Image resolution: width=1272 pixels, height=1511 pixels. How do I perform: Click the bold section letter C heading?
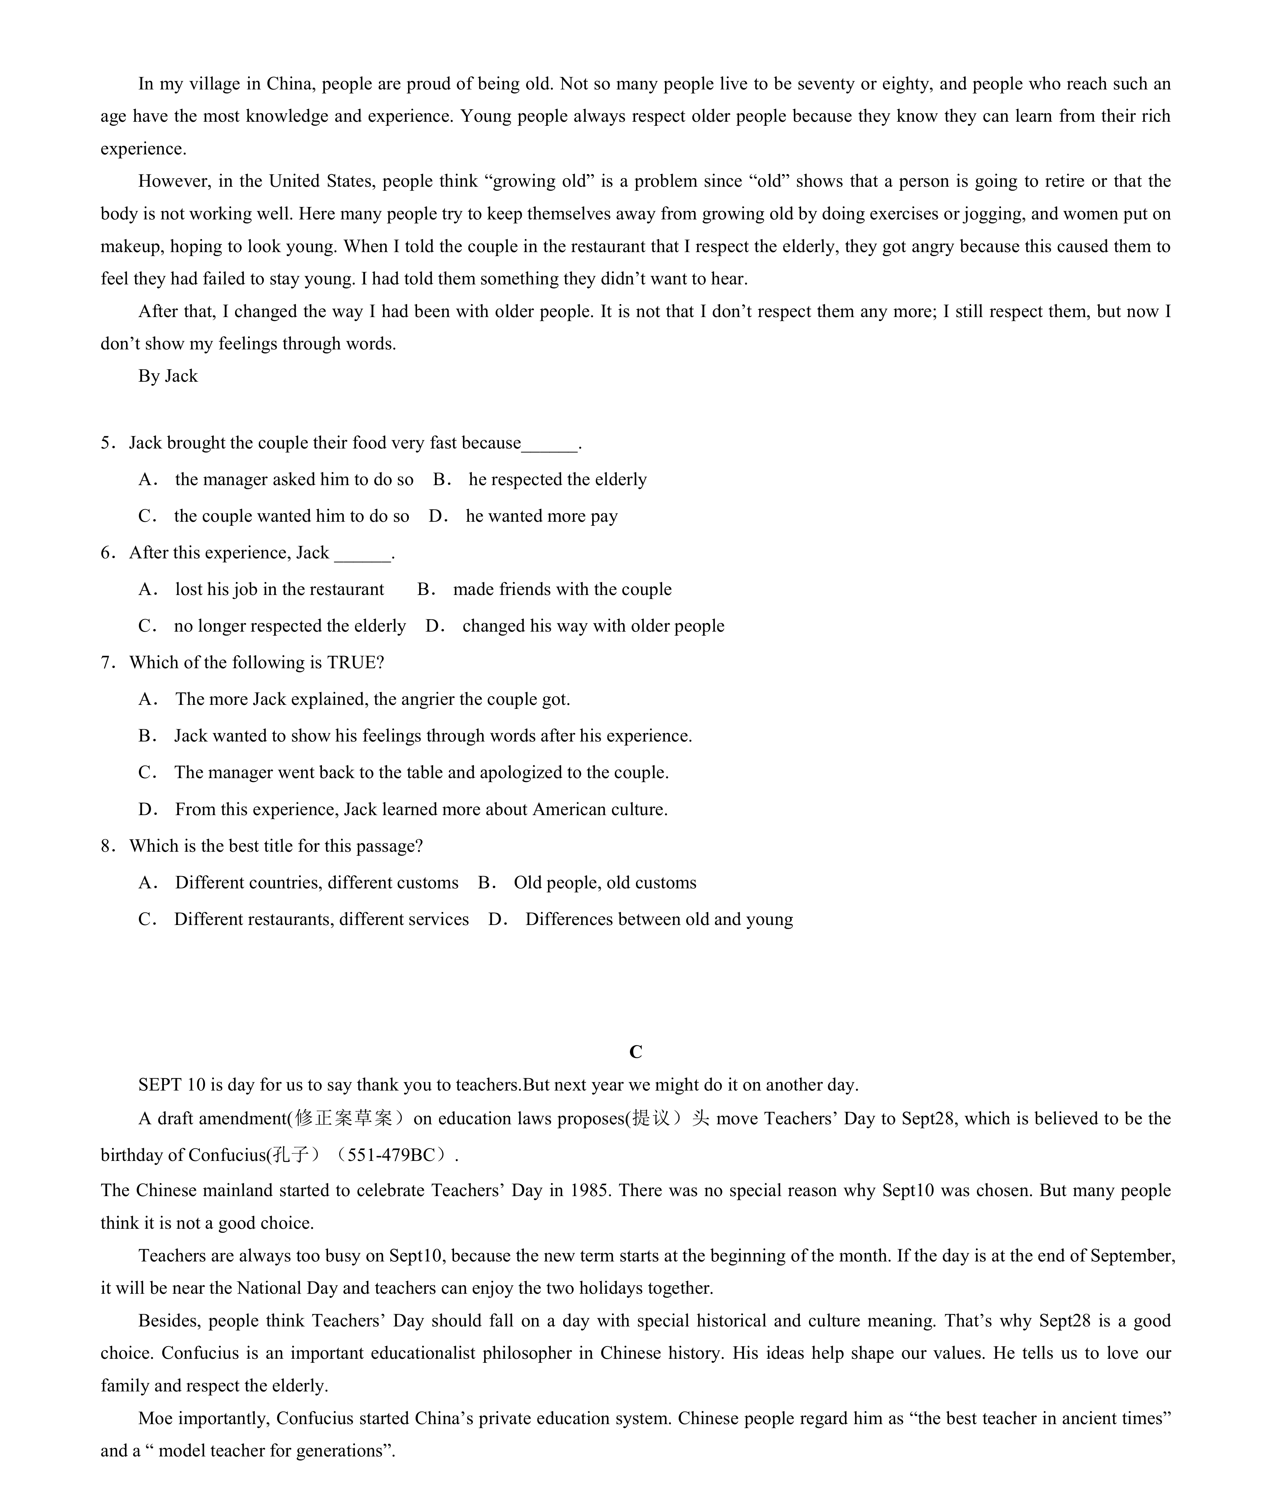tap(635, 1052)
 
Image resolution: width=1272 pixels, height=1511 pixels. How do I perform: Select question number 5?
tap(107, 443)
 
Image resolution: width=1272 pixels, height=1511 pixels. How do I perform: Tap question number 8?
tap(107, 846)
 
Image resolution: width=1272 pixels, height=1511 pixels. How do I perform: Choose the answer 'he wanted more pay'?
tap(542, 516)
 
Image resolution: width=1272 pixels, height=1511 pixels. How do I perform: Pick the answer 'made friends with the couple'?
tap(562, 589)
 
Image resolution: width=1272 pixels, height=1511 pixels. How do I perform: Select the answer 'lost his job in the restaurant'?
tap(279, 589)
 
